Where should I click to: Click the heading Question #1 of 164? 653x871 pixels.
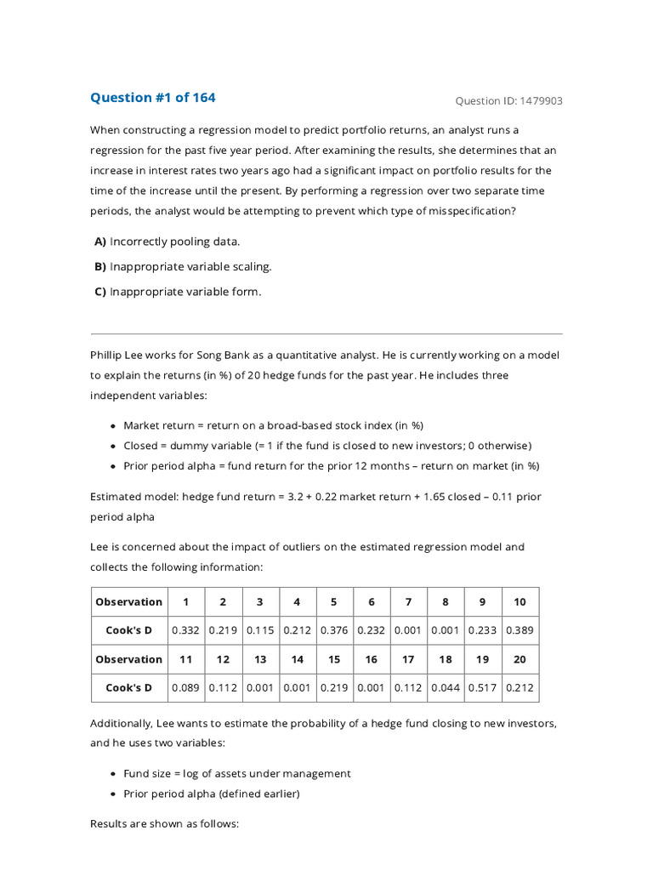click(x=153, y=98)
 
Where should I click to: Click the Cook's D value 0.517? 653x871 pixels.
click(x=482, y=688)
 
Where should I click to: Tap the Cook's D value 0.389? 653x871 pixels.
click(x=520, y=630)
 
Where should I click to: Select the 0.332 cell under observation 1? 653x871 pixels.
click(x=185, y=630)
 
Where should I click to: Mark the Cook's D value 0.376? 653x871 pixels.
click(x=334, y=630)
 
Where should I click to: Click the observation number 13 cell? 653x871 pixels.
click(x=260, y=659)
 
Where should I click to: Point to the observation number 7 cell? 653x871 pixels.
click(x=408, y=601)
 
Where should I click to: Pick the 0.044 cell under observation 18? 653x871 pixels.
click(x=446, y=688)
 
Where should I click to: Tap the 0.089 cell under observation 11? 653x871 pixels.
click(x=185, y=688)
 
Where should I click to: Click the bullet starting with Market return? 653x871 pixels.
click(x=273, y=425)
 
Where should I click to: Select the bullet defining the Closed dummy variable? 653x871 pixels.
click(x=326, y=446)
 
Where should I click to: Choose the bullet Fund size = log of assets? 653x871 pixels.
click(x=236, y=773)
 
